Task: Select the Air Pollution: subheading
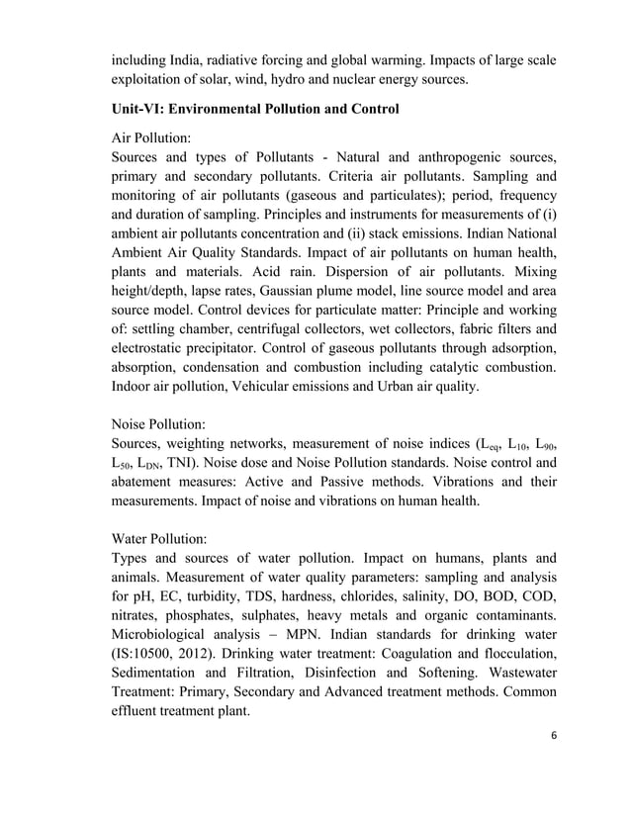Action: [x=157, y=139]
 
